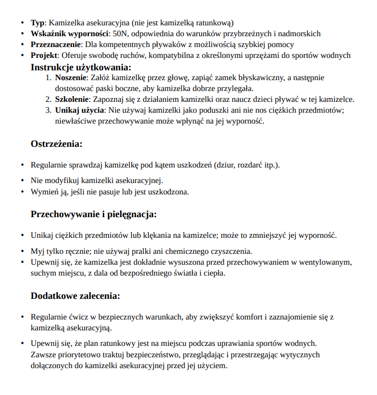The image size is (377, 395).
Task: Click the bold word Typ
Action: click(38, 23)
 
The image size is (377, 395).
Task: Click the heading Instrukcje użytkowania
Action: click(81, 67)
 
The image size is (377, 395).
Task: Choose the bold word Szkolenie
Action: click(72, 99)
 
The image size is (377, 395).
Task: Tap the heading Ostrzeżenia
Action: click(56, 144)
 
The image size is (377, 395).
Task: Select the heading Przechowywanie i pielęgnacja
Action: click(93, 214)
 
